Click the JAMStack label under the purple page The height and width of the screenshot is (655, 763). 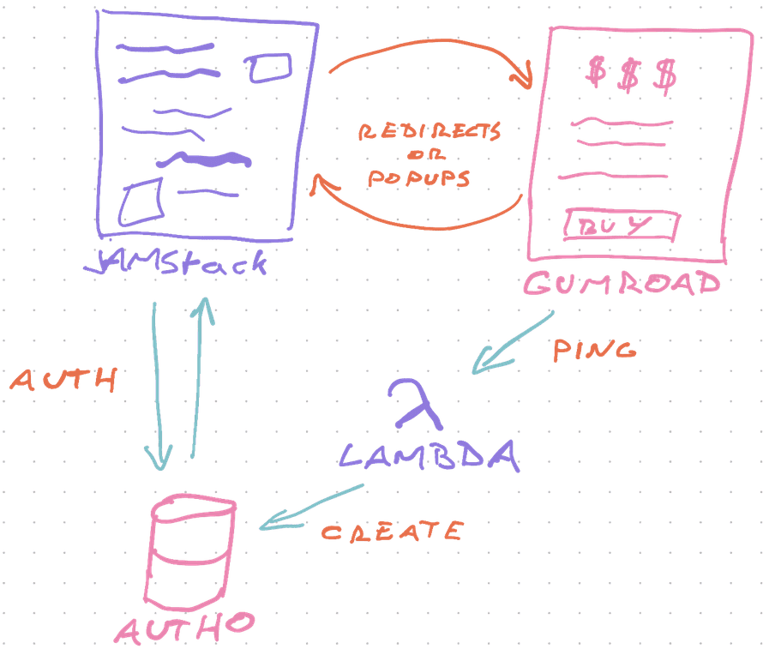point(176,263)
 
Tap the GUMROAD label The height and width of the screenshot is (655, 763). point(622,283)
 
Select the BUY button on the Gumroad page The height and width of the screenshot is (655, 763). point(622,225)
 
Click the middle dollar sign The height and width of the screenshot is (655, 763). point(628,75)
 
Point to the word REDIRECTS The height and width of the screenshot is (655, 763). point(430,131)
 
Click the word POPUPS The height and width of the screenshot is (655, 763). point(418,178)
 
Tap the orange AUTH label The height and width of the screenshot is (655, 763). point(63,380)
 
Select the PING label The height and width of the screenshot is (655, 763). point(594,350)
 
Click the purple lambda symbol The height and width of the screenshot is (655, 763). point(415,404)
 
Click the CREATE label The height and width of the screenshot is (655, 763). point(392,531)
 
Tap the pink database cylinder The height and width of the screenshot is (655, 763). point(190,552)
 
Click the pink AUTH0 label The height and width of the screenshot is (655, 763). point(184,628)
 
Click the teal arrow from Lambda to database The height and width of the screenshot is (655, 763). point(311,506)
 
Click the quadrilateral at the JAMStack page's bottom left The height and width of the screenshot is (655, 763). point(141,202)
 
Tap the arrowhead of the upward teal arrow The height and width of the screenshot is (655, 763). point(205,310)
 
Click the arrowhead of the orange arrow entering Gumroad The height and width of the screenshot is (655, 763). point(523,76)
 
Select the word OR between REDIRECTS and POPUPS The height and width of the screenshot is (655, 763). point(426,154)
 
